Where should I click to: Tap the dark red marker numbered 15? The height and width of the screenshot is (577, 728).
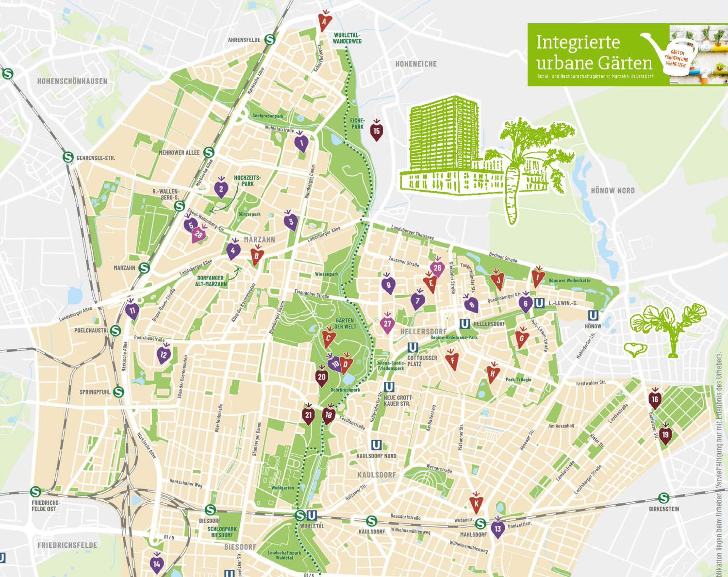click(377, 131)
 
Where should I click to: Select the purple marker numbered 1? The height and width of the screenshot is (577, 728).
click(301, 143)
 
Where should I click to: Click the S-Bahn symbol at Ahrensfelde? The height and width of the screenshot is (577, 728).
click(270, 40)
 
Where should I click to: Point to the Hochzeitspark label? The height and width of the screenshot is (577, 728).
click(248, 181)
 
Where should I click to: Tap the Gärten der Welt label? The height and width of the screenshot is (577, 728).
click(345, 323)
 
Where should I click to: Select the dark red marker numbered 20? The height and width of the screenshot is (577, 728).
click(322, 377)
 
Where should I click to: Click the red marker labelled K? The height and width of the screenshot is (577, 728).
click(476, 503)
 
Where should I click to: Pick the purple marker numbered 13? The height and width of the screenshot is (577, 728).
click(497, 528)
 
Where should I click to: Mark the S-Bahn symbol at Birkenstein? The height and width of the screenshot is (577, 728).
click(663, 498)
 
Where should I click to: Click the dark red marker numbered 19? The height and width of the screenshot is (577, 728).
click(665, 435)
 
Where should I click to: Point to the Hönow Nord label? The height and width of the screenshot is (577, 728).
click(612, 191)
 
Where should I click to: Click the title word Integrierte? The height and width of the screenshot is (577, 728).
click(578, 43)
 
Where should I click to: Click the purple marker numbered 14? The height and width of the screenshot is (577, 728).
click(156, 564)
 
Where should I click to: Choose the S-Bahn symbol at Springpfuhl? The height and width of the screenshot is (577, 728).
click(118, 392)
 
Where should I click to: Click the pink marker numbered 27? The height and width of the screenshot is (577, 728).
click(387, 324)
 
